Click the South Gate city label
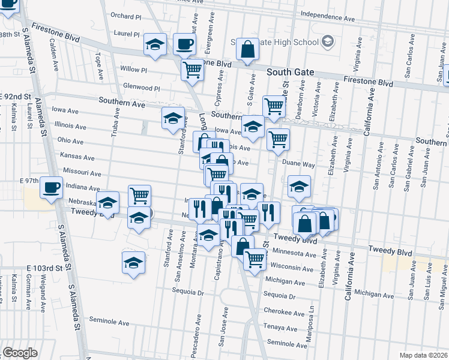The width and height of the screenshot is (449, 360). pos(291,72)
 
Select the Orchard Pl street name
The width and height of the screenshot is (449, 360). pos(125,16)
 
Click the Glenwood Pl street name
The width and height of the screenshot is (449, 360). pos(140,88)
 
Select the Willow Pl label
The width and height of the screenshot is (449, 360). pos(133,69)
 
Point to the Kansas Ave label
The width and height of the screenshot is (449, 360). pos(77,158)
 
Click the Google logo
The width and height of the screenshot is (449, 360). pos(20,353)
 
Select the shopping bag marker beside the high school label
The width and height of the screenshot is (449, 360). pos(247,49)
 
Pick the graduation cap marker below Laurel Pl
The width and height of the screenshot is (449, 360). pos(155,44)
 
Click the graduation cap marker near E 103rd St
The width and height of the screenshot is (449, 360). pos(133,262)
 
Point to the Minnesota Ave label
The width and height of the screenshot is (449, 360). pos(294,253)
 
